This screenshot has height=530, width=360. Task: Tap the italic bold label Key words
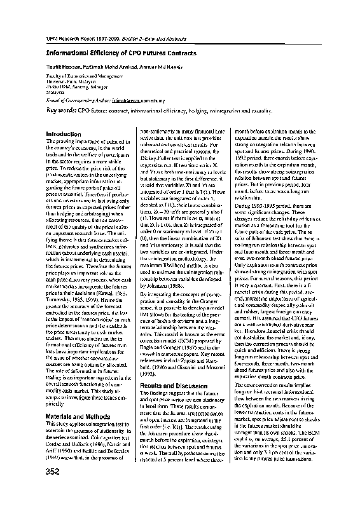click(61, 110)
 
